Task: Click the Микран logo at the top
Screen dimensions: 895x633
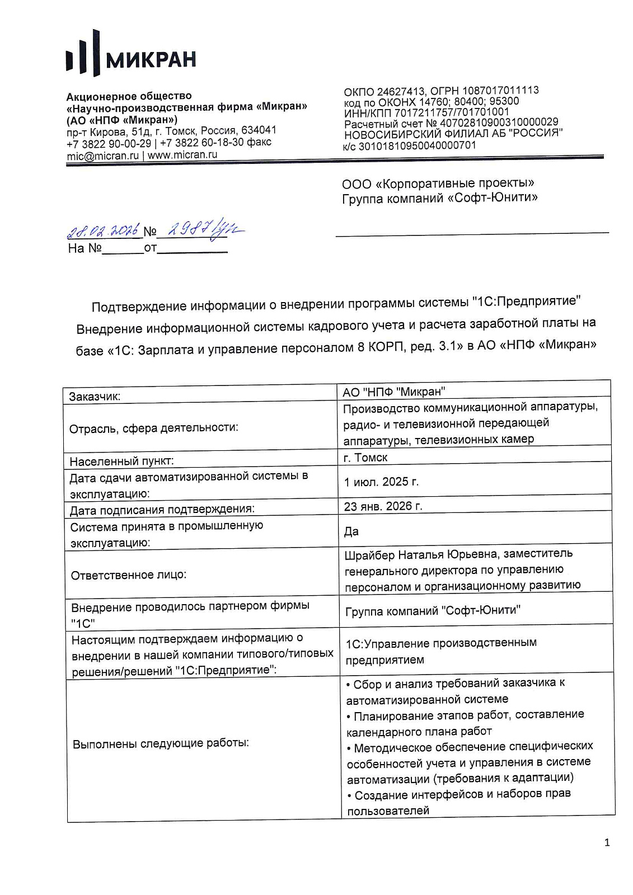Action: pos(132,54)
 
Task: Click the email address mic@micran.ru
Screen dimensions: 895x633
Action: pos(102,156)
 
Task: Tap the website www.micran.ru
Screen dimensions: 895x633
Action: pos(182,155)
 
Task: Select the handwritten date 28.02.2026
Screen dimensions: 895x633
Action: pos(103,229)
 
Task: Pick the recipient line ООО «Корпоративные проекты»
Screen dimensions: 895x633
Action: pos(438,183)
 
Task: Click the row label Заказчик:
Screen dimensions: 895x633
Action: pos(95,397)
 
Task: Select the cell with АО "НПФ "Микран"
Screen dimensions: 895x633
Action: pos(394,392)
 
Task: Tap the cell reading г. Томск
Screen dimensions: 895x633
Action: pos(365,458)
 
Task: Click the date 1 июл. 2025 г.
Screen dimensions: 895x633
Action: pos(381,482)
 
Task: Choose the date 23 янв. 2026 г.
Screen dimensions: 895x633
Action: pos(383,506)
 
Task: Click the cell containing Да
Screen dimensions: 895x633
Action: pos(351,531)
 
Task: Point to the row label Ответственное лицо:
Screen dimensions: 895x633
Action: pos(129,575)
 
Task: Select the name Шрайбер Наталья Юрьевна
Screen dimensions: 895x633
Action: pos(421,554)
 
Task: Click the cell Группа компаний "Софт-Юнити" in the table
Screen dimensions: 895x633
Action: pos(433,611)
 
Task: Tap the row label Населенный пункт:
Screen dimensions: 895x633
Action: pos(121,461)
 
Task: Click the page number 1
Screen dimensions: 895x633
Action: pos(607,842)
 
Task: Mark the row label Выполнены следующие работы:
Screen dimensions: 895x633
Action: pos(161,743)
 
